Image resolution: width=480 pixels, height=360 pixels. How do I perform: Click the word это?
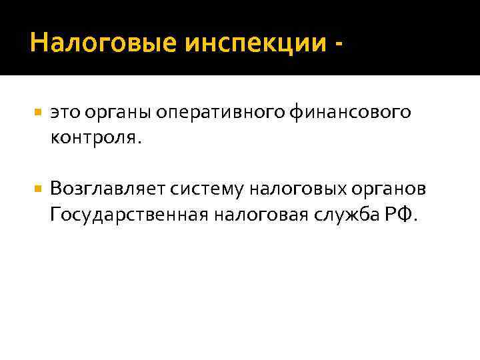[x=64, y=113]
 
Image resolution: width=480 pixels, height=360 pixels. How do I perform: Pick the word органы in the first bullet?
[x=118, y=114]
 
